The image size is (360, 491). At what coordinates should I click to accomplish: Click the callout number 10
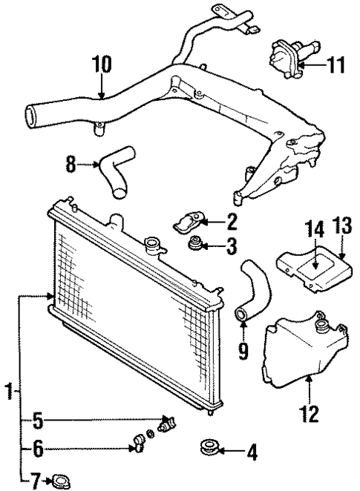(x=102, y=65)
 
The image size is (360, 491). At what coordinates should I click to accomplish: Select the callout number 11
(x=336, y=66)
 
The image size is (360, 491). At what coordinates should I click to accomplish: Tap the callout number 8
(x=71, y=163)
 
